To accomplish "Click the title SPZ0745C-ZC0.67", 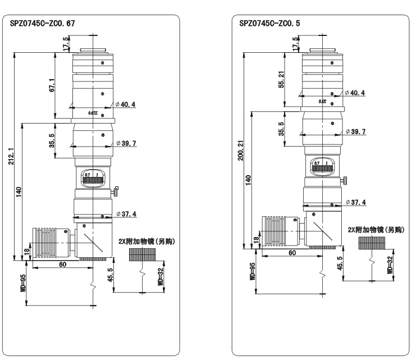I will coord(43,24).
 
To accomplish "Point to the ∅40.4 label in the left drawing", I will coord(126,104).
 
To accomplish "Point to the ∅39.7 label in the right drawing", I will coord(355,131).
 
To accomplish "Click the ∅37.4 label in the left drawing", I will coord(126,213).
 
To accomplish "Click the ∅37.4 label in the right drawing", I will coord(355,202).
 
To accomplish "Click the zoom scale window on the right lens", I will coord(323,164).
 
